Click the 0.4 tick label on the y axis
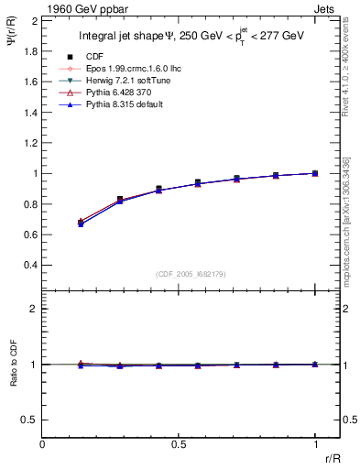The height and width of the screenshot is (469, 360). point(30,265)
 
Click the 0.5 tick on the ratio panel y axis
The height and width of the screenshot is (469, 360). point(31,420)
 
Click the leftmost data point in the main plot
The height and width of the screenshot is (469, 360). point(82,223)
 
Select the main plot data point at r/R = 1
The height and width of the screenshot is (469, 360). point(315,173)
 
